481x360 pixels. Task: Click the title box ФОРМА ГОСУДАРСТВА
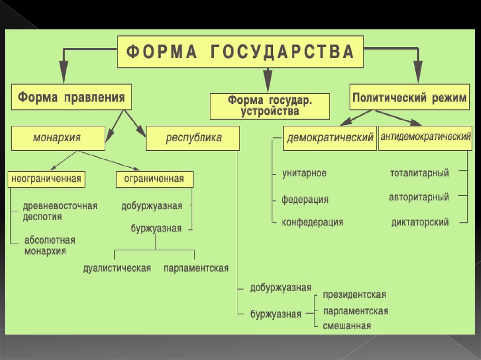click(240, 52)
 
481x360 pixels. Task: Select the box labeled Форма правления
click(71, 98)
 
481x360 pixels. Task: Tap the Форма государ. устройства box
click(270, 106)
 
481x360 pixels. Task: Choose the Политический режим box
click(409, 98)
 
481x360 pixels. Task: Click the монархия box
click(58, 138)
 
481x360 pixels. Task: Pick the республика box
click(193, 138)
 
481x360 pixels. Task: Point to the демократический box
click(330, 138)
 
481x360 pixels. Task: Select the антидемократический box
click(425, 138)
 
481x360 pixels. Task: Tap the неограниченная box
click(46, 179)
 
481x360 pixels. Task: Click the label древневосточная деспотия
click(60, 211)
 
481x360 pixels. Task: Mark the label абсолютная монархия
click(49, 245)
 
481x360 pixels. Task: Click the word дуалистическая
click(117, 268)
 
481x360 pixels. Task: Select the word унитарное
click(304, 173)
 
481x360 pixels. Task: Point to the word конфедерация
click(312, 222)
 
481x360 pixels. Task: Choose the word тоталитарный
click(419, 173)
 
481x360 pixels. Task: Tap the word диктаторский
click(420, 222)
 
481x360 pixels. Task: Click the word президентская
click(354, 295)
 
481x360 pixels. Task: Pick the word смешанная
click(347, 326)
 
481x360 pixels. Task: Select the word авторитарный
click(419, 197)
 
